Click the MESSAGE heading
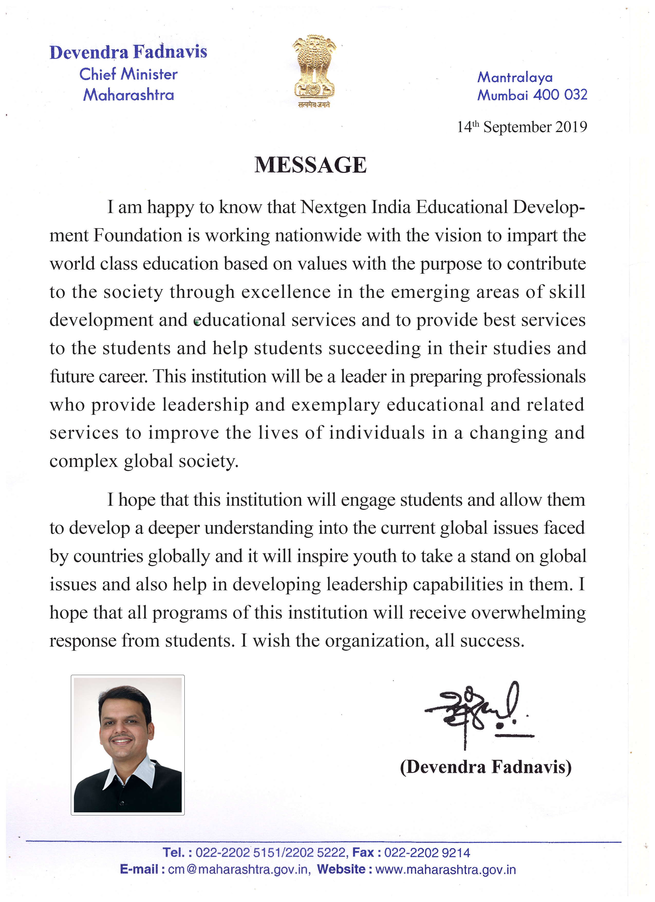(310, 165)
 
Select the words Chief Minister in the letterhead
(128, 74)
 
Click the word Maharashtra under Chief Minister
(128, 95)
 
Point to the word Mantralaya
(515, 77)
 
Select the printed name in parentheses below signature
(486, 766)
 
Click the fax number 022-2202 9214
(427, 853)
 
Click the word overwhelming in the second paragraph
(529, 612)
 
